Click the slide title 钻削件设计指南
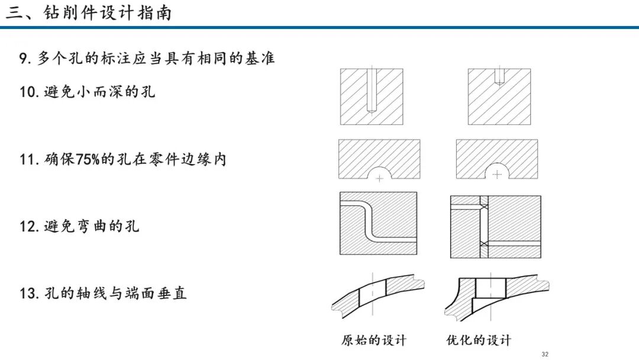point(108,13)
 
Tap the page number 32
point(545,354)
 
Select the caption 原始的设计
point(374,340)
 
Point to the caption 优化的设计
point(479,340)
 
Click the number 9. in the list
point(25,58)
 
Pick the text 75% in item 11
point(88,159)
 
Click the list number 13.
point(29,293)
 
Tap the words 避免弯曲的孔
point(92,226)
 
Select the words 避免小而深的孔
point(99,91)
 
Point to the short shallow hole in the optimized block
point(499,76)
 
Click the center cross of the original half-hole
point(379,179)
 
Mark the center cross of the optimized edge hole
point(497,175)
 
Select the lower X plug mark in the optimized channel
point(484,243)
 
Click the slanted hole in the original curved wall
point(373,293)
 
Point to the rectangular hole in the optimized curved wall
point(491,289)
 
